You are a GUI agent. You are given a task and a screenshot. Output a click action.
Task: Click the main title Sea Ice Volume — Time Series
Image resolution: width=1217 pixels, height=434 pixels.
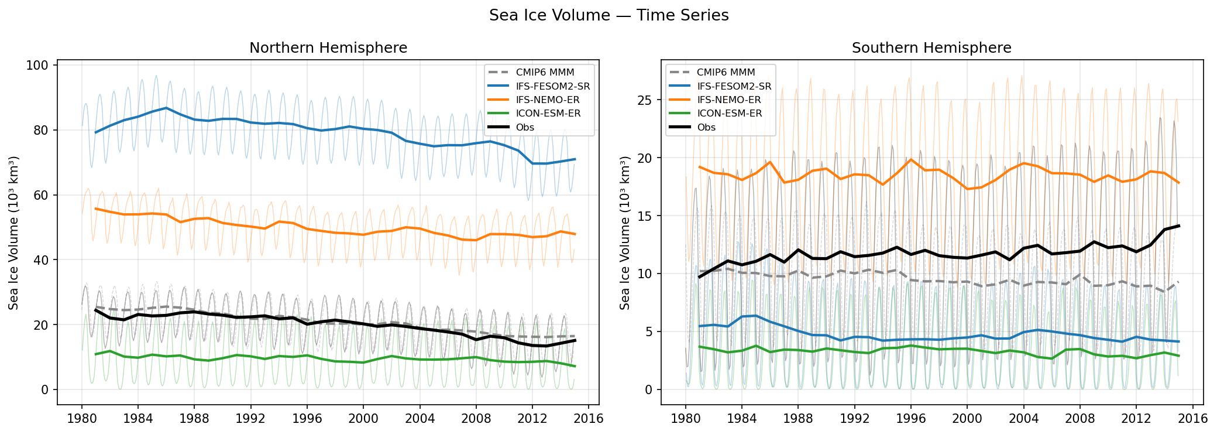click(x=608, y=15)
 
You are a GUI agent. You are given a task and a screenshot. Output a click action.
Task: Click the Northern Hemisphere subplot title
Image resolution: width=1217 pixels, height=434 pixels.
click(x=328, y=48)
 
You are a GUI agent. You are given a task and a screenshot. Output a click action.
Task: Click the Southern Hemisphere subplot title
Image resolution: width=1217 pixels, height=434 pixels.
click(x=931, y=48)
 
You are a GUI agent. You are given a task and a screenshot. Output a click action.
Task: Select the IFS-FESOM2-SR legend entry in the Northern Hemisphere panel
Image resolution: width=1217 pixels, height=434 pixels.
click(x=552, y=86)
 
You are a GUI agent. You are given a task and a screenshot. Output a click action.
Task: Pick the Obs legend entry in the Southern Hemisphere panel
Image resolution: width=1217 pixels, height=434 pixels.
click(x=706, y=127)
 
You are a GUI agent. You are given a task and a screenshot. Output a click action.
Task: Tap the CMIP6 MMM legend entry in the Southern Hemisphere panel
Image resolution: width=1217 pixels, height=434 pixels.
click(x=726, y=73)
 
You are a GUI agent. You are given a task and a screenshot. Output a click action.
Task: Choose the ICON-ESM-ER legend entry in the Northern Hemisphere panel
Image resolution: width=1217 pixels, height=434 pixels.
click(x=548, y=114)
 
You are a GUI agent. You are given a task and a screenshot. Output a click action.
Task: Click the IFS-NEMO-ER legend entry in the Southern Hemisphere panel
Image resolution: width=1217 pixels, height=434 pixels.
click(x=728, y=100)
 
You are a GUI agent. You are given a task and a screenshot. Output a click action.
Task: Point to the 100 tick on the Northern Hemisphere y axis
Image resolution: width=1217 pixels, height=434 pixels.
click(x=37, y=65)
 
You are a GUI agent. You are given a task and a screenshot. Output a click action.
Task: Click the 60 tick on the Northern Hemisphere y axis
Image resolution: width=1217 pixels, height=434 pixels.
click(x=40, y=195)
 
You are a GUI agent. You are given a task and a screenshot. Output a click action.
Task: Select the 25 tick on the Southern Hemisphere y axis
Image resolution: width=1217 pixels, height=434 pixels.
click(x=644, y=100)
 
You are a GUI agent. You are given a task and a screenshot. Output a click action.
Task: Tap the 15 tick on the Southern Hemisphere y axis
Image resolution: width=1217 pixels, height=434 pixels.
click(x=644, y=216)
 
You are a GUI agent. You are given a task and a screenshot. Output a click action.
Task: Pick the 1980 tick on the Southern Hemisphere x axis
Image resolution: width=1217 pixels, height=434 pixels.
click(x=686, y=419)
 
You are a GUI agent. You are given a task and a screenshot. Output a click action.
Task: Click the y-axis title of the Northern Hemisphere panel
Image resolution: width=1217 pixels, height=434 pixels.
click(x=13, y=233)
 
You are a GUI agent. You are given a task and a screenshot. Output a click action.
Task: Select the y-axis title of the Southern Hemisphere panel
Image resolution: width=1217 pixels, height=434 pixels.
click(x=625, y=233)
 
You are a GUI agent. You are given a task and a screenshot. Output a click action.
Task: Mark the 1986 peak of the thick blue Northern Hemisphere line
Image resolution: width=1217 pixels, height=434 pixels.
click(x=166, y=108)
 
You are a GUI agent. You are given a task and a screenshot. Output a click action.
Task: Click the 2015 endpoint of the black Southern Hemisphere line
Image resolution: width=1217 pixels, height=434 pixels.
click(x=1178, y=225)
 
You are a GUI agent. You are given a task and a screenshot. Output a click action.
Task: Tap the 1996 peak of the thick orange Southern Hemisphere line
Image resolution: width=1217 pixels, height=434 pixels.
click(x=911, y=159)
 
